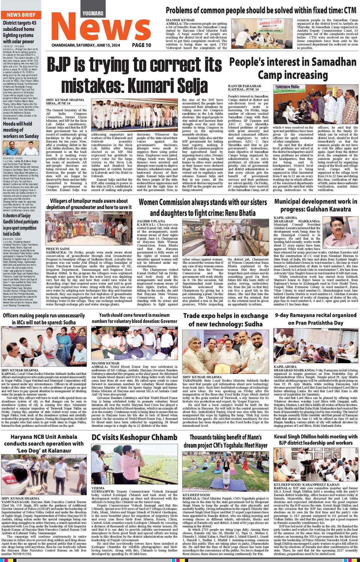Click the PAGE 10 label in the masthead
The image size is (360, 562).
[141, 45]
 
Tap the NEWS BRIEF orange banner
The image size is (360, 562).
[21, 15]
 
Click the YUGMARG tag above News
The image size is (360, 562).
[93, 13]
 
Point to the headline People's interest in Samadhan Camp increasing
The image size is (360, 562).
[293, 68]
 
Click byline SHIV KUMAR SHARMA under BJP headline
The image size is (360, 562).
[65, 100]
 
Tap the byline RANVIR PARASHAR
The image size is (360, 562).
[245, 86]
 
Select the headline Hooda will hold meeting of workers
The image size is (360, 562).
[21, 130]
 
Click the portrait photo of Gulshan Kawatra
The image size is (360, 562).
[340, 233]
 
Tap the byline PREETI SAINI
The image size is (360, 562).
[58, 249]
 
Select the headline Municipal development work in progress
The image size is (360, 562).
[316, 205]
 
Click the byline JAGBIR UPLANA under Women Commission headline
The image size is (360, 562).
[151, 221]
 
